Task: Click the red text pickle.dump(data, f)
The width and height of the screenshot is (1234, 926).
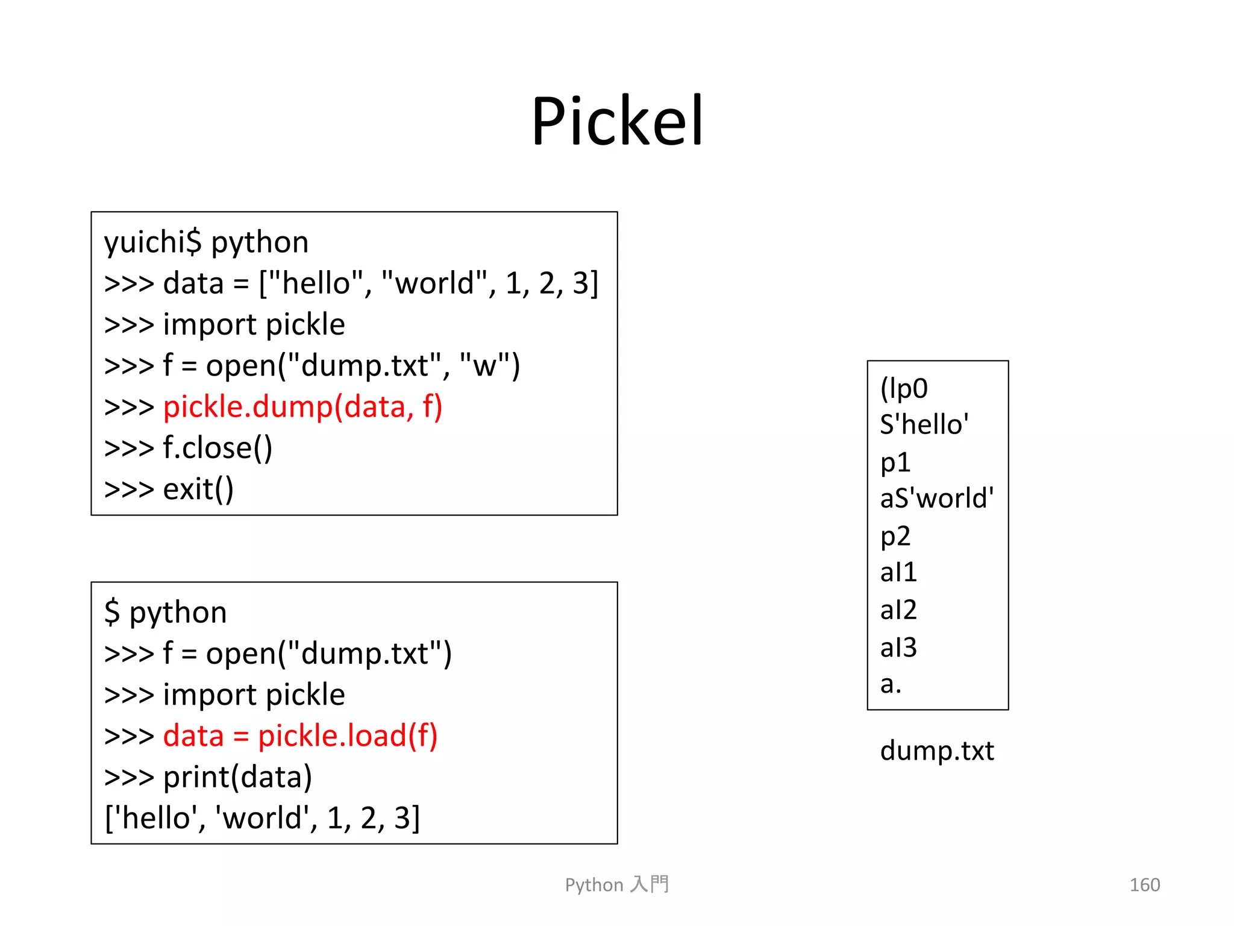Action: point(302,407)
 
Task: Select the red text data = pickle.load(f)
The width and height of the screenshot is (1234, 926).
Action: point(300,736)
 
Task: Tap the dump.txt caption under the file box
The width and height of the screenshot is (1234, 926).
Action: point(937,751)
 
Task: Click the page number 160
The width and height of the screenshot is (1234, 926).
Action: point(1144,884)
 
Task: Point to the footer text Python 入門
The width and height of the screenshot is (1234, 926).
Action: point(616,884)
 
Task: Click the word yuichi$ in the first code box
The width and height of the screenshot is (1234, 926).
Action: point(152,243)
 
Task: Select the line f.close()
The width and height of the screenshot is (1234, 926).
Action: point(218,448)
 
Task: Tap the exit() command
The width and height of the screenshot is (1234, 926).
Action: point(198,489)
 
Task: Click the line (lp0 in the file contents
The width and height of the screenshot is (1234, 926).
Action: point(904,388)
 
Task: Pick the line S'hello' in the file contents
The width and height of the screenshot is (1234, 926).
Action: point(924,425)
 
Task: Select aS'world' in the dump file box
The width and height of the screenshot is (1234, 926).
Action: point(936,499)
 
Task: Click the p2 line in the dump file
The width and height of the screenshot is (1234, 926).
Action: point(895,536)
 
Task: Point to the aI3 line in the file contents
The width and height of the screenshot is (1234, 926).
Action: point(898,647)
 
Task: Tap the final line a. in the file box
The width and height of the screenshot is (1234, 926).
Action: point(891,684)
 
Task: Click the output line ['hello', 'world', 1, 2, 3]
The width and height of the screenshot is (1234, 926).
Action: point(262,818)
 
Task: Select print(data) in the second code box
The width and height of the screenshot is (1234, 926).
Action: point(237,777)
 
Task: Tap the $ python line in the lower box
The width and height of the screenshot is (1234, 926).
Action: point(166,613)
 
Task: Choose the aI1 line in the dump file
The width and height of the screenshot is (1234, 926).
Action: point(898,572)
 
